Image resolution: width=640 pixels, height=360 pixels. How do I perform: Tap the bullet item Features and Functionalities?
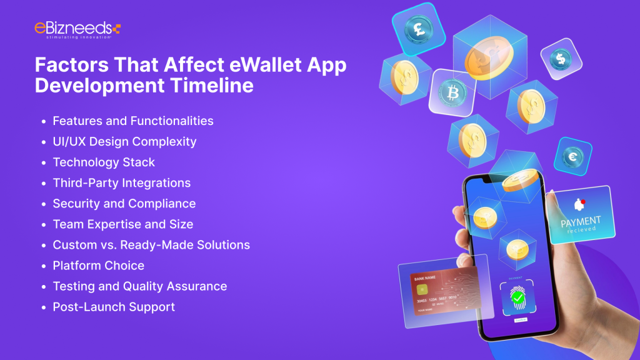[133, 121]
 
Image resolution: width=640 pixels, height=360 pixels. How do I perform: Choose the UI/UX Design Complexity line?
[124, 141]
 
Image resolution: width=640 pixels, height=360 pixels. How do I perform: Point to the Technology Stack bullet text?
[104, 162]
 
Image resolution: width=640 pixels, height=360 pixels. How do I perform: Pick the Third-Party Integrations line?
[122, 183]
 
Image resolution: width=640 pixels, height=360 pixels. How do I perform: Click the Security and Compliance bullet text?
[124, 204]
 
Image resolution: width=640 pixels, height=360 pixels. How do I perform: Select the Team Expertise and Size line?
[123, 224]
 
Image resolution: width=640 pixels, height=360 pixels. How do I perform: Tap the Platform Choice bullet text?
[99, 266]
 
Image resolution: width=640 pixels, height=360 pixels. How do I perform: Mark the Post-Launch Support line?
[114, 307]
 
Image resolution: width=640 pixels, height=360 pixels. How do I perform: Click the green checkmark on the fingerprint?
[517, 299]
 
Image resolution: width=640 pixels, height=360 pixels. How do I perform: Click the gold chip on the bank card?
[423, 289]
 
